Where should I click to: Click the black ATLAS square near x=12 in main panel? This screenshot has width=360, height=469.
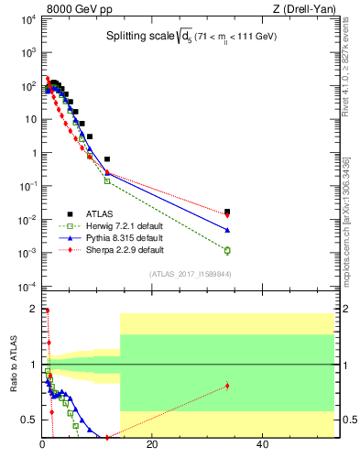pyautogui.click(x=107, y=159)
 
